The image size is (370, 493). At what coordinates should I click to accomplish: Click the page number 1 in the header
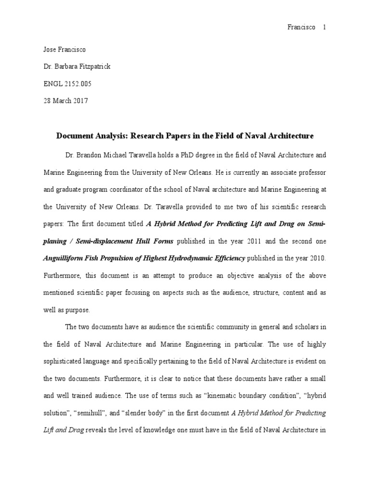point(325,27)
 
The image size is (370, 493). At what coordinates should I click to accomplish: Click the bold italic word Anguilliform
point(65,259)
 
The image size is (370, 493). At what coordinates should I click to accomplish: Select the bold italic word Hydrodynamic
point(188,259)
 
